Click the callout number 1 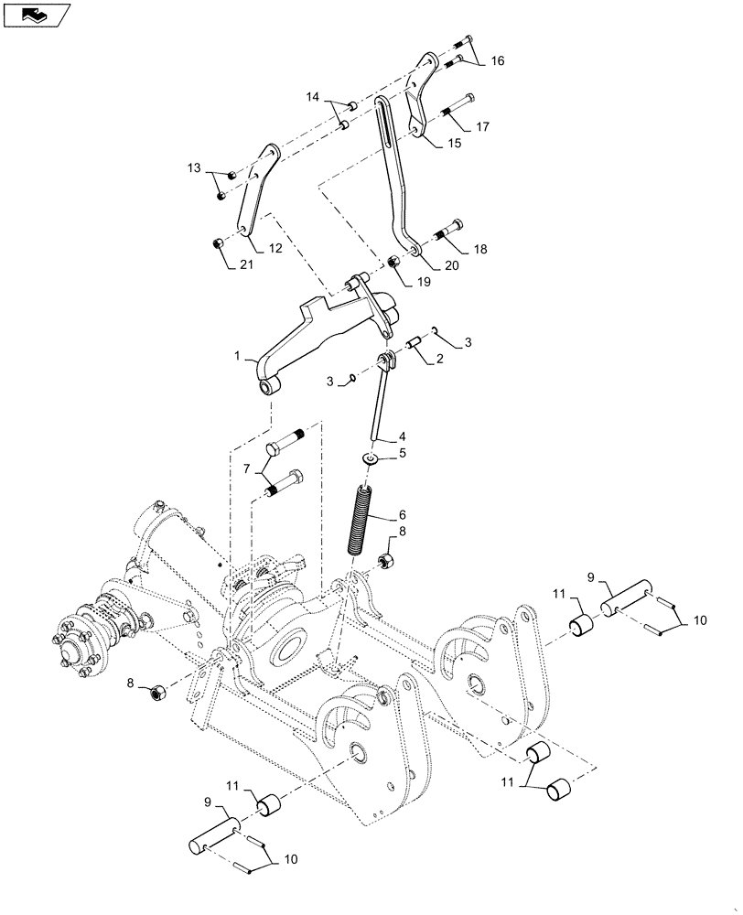[x=236, y=354]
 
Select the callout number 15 [x=454, y=143]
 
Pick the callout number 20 [x=452, y=265]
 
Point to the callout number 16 [x=497, y=61]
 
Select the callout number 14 [x=313, y=96]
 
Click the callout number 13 [x=193, y=167]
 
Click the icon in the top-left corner [x=37, y=15]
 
